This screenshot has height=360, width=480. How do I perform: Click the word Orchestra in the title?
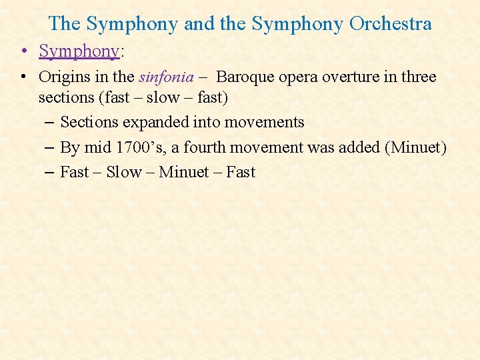[x=390, y=24]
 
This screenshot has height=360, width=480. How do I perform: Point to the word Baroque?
[x=244, y=77]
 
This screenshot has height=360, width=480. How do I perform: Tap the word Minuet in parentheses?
[x=416, y=147]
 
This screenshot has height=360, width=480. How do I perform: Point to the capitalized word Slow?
[x=124, y=172]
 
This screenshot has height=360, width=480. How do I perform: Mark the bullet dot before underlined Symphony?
[x=23, y=51]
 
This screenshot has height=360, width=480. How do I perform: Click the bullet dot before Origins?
[x=23, y=77]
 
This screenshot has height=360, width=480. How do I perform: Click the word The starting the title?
[x=65, y=24]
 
